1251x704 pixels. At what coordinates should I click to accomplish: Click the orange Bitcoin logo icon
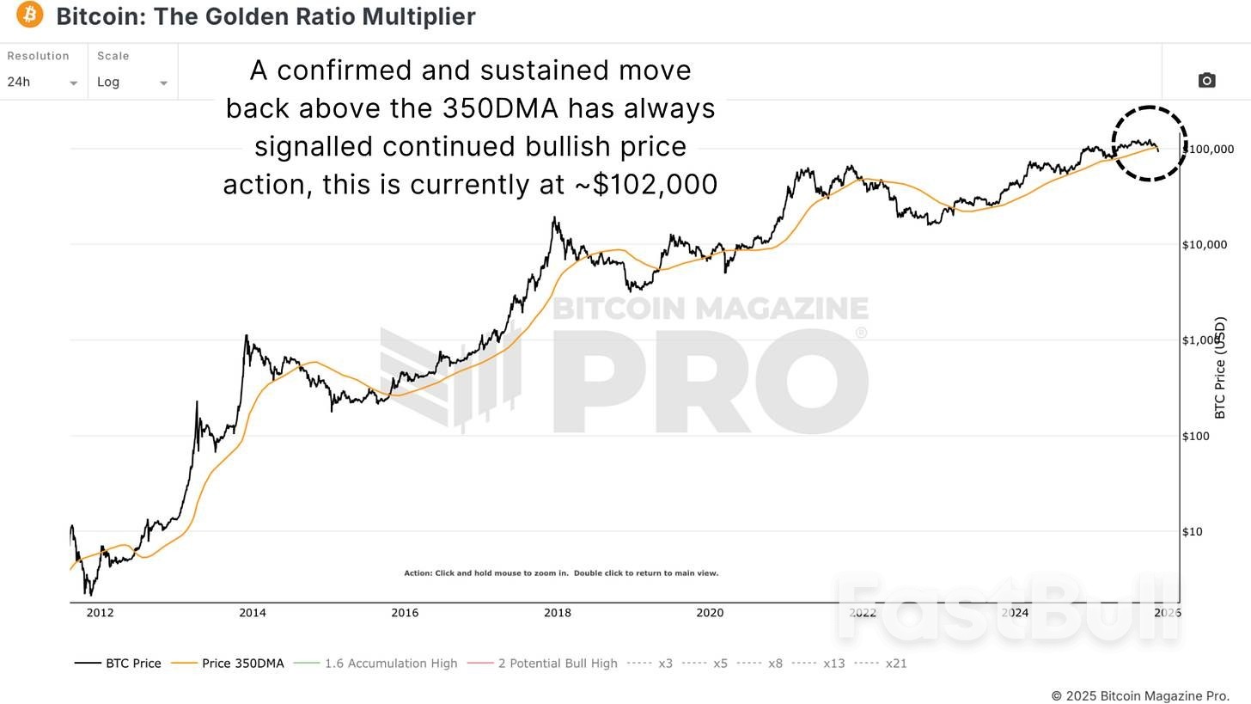(29, 15)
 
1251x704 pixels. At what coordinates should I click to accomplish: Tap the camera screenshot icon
(1206, 80)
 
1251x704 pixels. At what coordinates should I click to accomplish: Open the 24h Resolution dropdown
(42, 83)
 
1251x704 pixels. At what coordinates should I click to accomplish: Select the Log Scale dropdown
(131, 83)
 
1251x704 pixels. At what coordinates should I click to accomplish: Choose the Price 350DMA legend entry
(228, 664)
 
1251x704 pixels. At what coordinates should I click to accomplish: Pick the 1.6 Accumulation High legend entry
(375, 664)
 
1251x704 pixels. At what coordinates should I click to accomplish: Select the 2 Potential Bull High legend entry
(542, 664)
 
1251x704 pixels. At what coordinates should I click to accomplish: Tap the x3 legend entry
(650, 664)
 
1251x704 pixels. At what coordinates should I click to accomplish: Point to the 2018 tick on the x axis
(558, 613)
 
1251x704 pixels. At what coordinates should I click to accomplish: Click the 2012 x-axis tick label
(100, 613)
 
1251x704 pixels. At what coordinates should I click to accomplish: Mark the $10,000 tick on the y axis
(1205, 245)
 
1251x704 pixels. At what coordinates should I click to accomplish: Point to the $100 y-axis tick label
(1195, 436)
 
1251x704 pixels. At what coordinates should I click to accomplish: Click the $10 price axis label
(1192, 532)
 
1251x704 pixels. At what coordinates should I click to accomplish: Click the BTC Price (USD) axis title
(1220, 368)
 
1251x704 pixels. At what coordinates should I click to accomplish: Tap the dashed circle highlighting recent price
(1149, 144)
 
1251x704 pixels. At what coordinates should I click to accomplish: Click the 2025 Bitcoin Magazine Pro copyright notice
(1140, 695)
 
